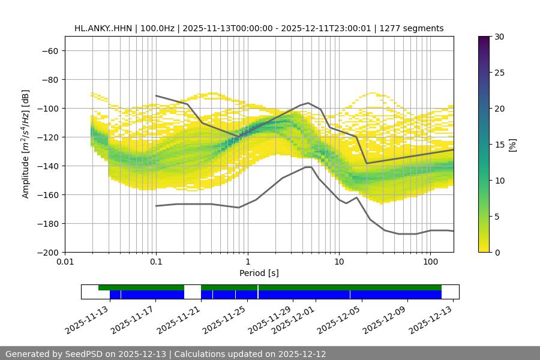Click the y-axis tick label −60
pos(49,50)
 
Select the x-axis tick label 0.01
pos(65,262)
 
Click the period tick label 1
pos(247,262)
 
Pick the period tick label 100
pos(430,262)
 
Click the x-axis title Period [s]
pos(259,273)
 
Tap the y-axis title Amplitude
pos(25,144)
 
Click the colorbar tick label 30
pos(499,37)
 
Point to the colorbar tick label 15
pos(499,145)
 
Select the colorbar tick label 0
pos(496,252)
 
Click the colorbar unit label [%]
pos(512,145)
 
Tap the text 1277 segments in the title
pos(413,28)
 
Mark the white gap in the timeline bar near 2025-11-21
pos(193,292)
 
